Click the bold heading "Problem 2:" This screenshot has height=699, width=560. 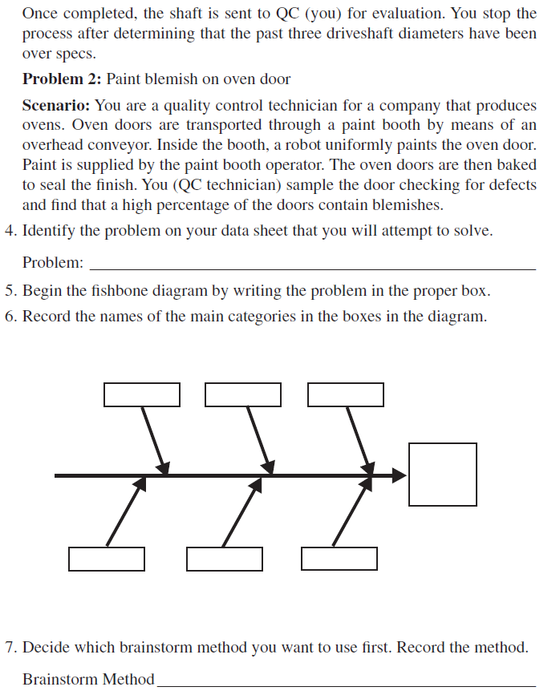pos(62,79)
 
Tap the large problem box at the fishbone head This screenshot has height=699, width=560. pos(442,475)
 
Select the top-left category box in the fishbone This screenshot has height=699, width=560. pos(142,394)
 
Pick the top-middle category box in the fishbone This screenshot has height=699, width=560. pos(243,394)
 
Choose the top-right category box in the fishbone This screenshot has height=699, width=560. pos(345,394)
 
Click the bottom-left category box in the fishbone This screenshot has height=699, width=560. pos(107,559)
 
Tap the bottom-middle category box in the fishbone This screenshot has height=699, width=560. pos(225,559)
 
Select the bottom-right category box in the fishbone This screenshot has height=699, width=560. pos(339,559)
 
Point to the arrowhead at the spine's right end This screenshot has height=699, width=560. pos(400,475)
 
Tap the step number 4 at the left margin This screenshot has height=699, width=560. pos(9,232)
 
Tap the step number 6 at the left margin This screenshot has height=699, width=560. pos(9,316)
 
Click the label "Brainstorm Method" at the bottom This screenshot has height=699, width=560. pos(88,680)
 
